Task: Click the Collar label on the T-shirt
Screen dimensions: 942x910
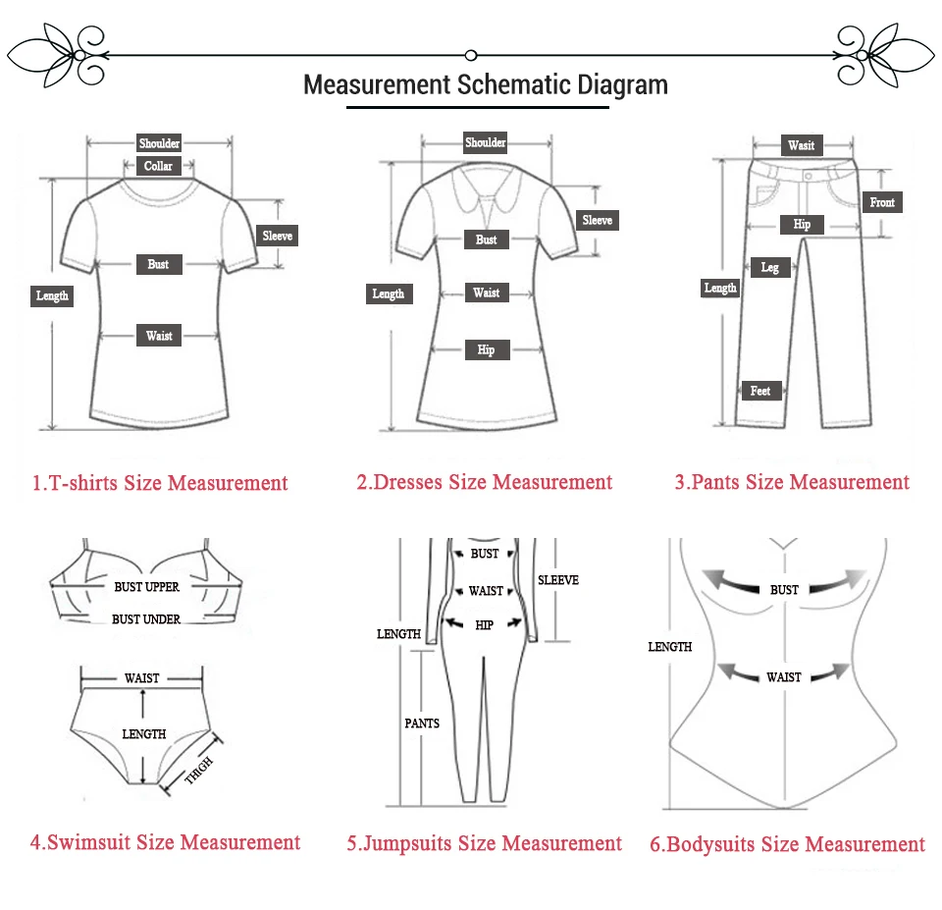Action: (x=158, y=166)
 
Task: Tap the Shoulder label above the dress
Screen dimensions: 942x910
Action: (x=486, y=142)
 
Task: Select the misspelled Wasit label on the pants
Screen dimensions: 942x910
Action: (x=802, y=145)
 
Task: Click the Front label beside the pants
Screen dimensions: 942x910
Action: (x=882, y=202)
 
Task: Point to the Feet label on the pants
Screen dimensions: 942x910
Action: (x=759, y=391)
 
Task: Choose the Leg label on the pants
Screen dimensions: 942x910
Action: (x=769, y=267)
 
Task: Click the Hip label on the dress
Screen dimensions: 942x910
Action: (x=487, y=349)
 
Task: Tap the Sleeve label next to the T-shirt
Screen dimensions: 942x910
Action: (x=277, y=236)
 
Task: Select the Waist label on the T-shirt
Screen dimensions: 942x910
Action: (x=159, y=336)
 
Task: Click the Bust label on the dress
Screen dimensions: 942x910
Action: (x=486, y=240)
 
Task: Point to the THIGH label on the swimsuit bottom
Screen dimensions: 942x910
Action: (x=199, y=770)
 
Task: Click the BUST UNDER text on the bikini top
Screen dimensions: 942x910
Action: (x=146, y=619)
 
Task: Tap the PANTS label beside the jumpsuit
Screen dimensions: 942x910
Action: (x=422, y=723)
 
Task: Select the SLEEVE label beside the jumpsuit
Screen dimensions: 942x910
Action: (x=558, y=580)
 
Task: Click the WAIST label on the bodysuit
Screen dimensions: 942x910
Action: (x=783, y=677)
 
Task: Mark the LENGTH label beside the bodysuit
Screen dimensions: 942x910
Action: (x=670, y=647)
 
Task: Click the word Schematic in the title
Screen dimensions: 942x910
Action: (x=513, y=84)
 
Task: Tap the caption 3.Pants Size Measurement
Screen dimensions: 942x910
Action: (x=792, y=482)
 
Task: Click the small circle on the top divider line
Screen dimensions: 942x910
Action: (x=471, y=55)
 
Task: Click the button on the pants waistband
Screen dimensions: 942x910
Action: (x=808, y=176)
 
